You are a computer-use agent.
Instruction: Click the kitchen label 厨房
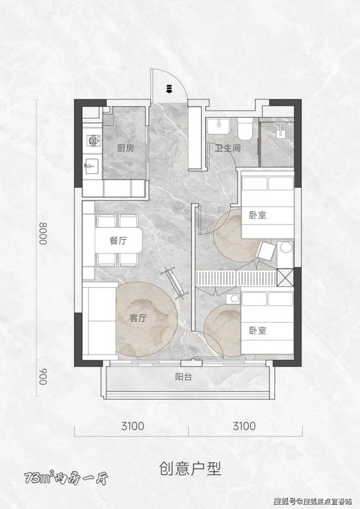126,148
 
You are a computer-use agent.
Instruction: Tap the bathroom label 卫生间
228,148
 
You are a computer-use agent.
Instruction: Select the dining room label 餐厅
118,241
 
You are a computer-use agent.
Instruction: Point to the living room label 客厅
138,318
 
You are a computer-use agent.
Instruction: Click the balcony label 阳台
184,377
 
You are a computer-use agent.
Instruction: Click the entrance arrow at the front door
168,89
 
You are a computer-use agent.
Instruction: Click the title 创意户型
190,469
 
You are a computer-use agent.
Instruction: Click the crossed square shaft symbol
285,277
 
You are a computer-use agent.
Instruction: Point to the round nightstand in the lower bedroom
233,298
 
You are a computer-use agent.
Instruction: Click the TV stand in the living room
176,283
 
